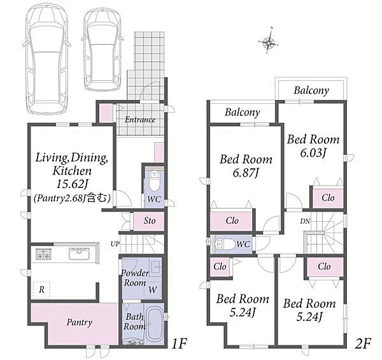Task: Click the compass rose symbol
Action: [268, 43]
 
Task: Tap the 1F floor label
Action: [179, 343]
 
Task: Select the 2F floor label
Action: [363, 343]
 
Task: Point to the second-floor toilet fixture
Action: [225, 244]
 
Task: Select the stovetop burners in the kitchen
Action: [43, 254]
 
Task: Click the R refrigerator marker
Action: [41, 290]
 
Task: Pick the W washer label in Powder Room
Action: [153, 290]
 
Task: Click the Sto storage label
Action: [150, 221]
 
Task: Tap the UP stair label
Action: [115, 244]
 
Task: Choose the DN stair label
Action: [305, 221]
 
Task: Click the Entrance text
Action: [140, 120]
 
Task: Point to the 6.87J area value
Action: [246, 173]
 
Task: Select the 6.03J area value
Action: [313, 153]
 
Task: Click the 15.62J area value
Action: [72, 184]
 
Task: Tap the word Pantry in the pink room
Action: [80, 322]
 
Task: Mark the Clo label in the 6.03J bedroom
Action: [328, 198]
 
